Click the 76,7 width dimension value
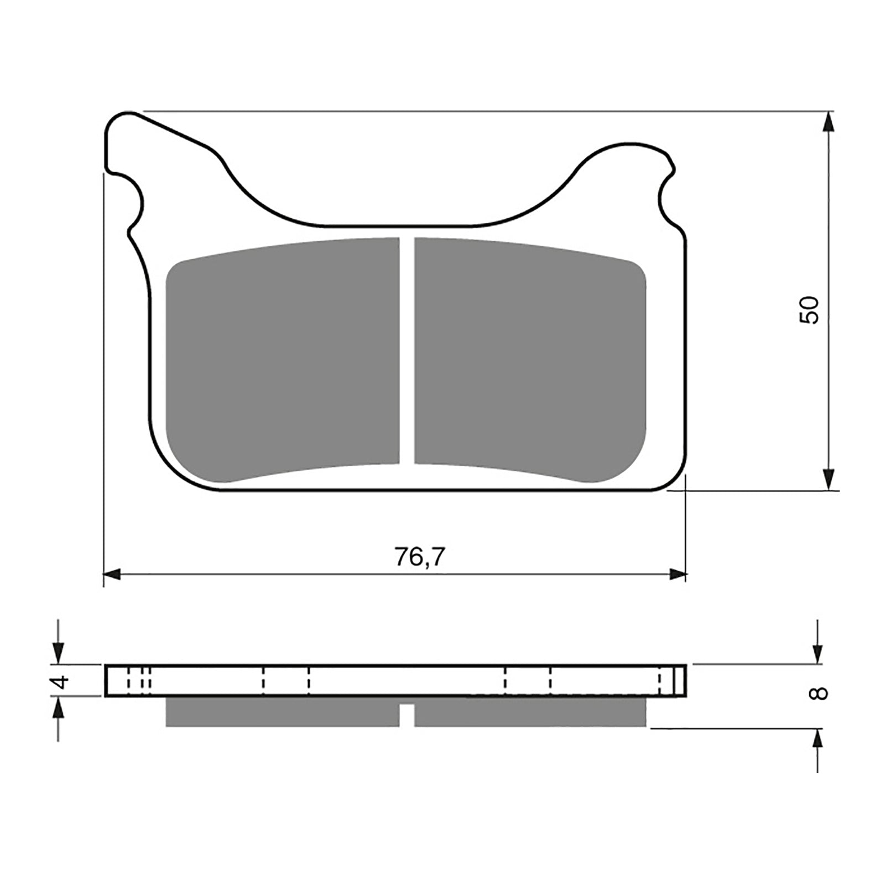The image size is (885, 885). coord(419,557)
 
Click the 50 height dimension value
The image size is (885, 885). coord(809,310)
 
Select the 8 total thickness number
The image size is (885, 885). coord(819,693)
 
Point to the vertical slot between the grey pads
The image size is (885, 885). coord(407,354)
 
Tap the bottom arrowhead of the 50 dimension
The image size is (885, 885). coord(828,480)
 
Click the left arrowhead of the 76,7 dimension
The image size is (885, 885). coord(112,575)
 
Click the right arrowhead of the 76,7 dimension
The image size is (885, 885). coord(678,575)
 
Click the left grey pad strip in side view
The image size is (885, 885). coord(282,712)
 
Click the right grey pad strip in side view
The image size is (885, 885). coord(530,712)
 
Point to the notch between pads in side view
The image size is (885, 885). coord(407,715)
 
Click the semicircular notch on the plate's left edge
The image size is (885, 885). coord(133,202)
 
